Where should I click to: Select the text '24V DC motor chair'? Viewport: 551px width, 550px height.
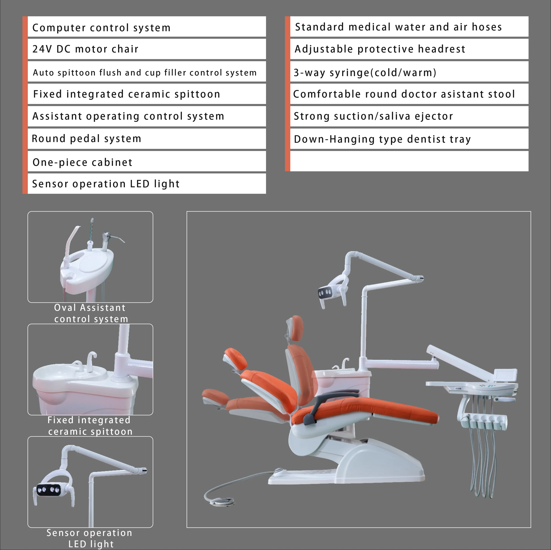85,49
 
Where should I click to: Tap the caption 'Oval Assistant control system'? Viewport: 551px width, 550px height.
90,313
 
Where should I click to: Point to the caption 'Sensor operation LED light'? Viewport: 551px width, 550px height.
90,538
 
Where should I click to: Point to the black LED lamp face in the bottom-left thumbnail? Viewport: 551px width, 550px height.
48,490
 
